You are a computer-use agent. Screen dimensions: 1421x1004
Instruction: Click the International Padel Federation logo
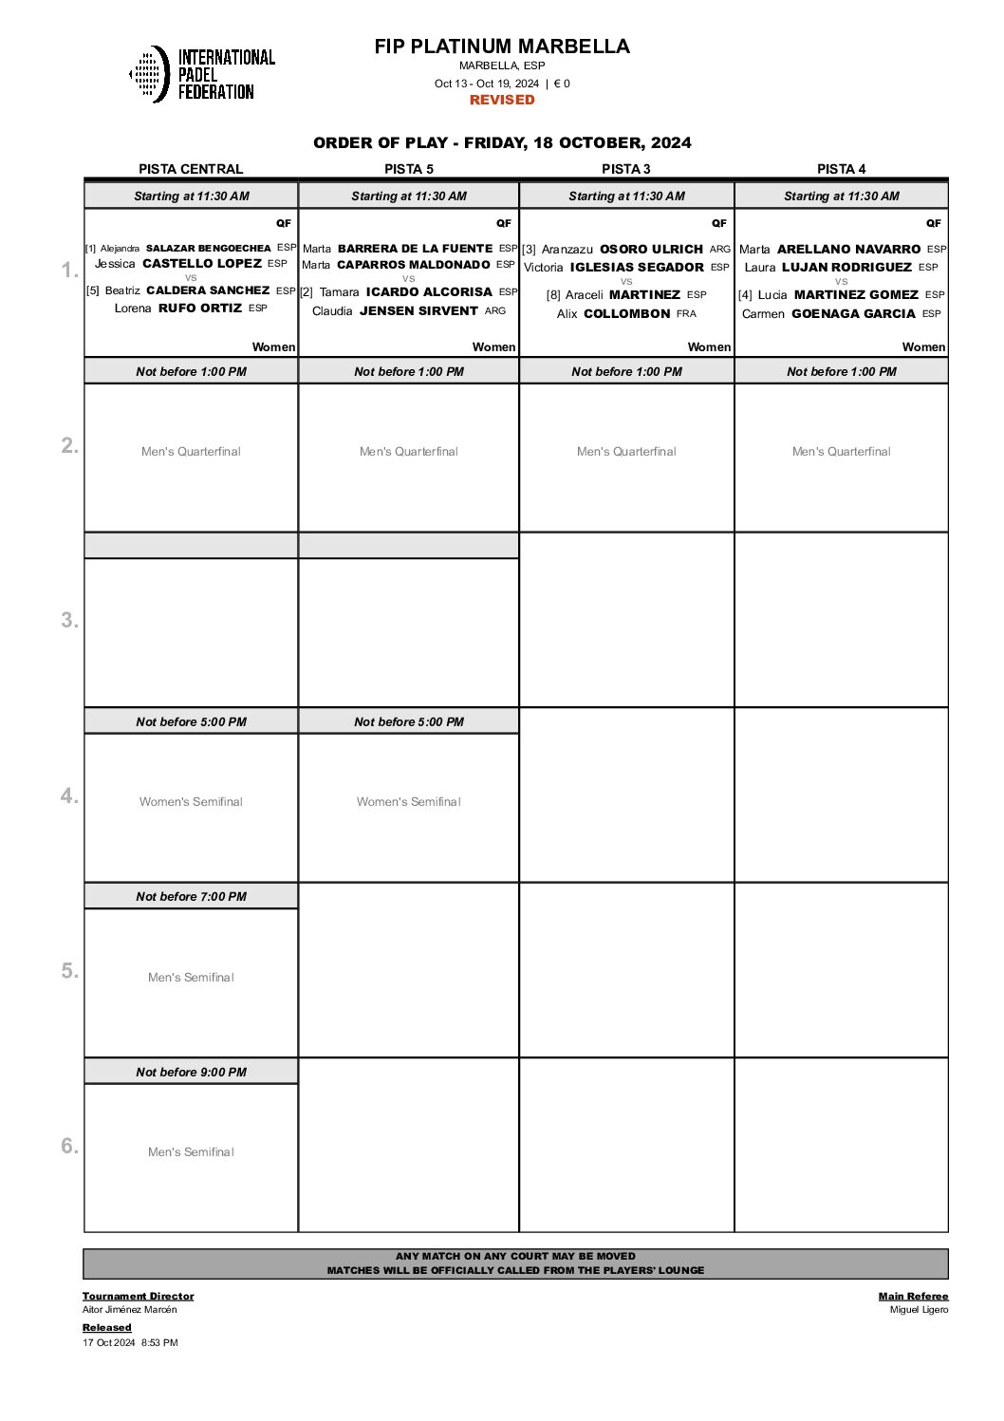click(x=202, y=74)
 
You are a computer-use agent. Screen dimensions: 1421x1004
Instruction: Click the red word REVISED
click(x=502, y=100)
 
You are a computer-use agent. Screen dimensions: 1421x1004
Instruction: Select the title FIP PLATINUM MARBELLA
click(x=502, y=47)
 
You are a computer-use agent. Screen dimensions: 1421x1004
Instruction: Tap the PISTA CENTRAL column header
click(x=191, y=169)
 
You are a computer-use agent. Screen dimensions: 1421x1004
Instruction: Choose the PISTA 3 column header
click(x=626, y=169)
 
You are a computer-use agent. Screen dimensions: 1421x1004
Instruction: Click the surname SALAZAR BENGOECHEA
click(x=209, y=248)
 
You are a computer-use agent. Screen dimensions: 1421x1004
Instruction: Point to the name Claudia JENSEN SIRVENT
click(x=409, y=310)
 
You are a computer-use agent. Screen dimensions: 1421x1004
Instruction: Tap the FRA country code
click(x=686, y=313)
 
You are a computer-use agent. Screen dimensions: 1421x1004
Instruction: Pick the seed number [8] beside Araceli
click(x=553, y=295)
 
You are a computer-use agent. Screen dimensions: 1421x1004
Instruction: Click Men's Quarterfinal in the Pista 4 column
click(x=842, y=452)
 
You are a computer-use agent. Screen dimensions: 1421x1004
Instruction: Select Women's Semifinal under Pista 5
click(x=409, y=802)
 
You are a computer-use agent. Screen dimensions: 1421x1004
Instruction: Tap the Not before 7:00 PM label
click(x=191, y=896)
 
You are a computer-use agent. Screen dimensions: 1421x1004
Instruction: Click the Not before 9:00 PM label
click(x=191, y=1072)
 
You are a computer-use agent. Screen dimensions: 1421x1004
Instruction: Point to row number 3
click(x=69, y=620)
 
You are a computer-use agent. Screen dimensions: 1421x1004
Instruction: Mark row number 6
click(x=69, y=1146)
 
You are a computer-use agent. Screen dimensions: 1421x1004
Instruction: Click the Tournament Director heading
click(x=139, y=1296)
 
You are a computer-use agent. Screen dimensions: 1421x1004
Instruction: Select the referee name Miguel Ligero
click(x=919, y=1310)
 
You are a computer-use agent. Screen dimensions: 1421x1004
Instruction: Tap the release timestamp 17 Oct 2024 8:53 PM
click(x=130, y=1342)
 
